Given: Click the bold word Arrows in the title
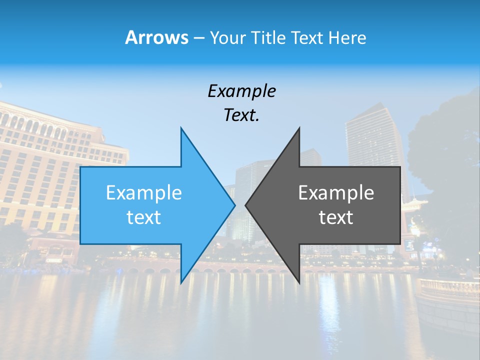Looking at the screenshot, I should (156, 37).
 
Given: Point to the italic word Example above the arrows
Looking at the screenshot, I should (241, 91).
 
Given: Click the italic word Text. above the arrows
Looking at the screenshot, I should (241, 115).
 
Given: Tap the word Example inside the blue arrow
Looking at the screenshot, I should (144, 193).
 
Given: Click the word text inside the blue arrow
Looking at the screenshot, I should (144, 217).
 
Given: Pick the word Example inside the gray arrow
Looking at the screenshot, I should (336, 193).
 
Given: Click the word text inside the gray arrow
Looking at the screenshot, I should (336, 217).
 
